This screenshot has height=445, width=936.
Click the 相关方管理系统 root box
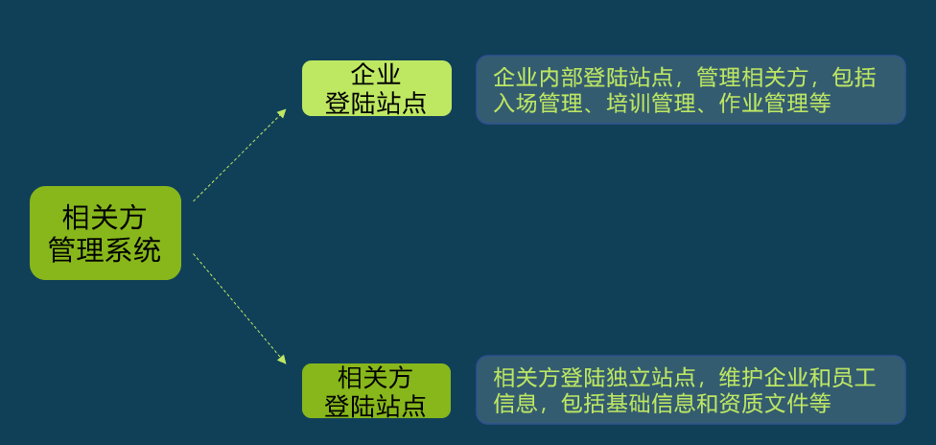pos(105,233)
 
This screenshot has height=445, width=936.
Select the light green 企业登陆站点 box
pos(376,88)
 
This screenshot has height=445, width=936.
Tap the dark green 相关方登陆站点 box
pos(376,390)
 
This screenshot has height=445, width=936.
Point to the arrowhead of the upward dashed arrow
pos(282,113)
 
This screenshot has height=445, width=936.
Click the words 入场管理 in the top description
pos(538,103)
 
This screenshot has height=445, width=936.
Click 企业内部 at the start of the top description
pos(538,76)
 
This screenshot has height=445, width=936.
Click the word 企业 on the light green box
pos(376,75)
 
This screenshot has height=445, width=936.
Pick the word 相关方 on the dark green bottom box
pos(376,377)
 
